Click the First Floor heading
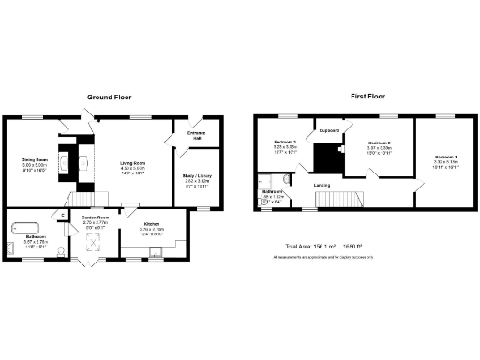370,97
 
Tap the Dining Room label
36,159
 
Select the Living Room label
133,165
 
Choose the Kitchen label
151,224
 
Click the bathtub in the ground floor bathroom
22,225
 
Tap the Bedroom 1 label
445,157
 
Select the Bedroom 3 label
284,142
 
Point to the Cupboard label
328,130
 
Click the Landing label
322,185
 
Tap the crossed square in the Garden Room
94,242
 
